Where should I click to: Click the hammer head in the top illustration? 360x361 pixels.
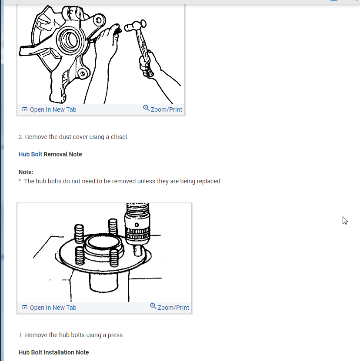point(135,25)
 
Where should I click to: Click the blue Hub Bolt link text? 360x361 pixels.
point(30,154)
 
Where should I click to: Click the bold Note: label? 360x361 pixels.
point(26,172)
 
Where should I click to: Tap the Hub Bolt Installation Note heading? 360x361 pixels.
point(54,352)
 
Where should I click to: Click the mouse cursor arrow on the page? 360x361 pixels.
point(345,220)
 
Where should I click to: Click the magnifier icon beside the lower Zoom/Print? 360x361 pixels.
point(153,306)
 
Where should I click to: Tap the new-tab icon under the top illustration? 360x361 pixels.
point(25,109)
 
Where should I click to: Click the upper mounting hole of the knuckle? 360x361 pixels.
point(99,20)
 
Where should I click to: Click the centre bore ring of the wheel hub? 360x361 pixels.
point(103,242)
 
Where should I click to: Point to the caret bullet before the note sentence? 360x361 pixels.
point(20,181)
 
